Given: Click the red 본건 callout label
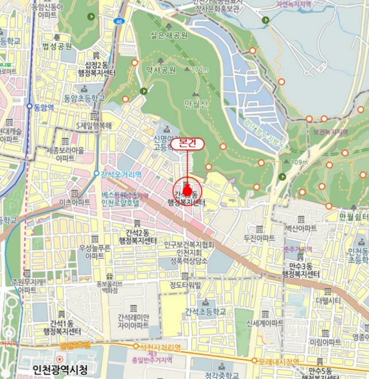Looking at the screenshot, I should point(187,144).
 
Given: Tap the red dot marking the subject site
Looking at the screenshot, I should point(187,191).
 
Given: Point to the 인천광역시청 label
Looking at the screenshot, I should point(60,370).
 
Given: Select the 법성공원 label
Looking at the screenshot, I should point(58,45).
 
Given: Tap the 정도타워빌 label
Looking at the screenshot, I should point(185,285).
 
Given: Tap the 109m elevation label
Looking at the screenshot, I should point(299,161).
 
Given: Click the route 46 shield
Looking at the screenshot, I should point(118,21).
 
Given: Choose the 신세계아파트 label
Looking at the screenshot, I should point(265,323).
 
